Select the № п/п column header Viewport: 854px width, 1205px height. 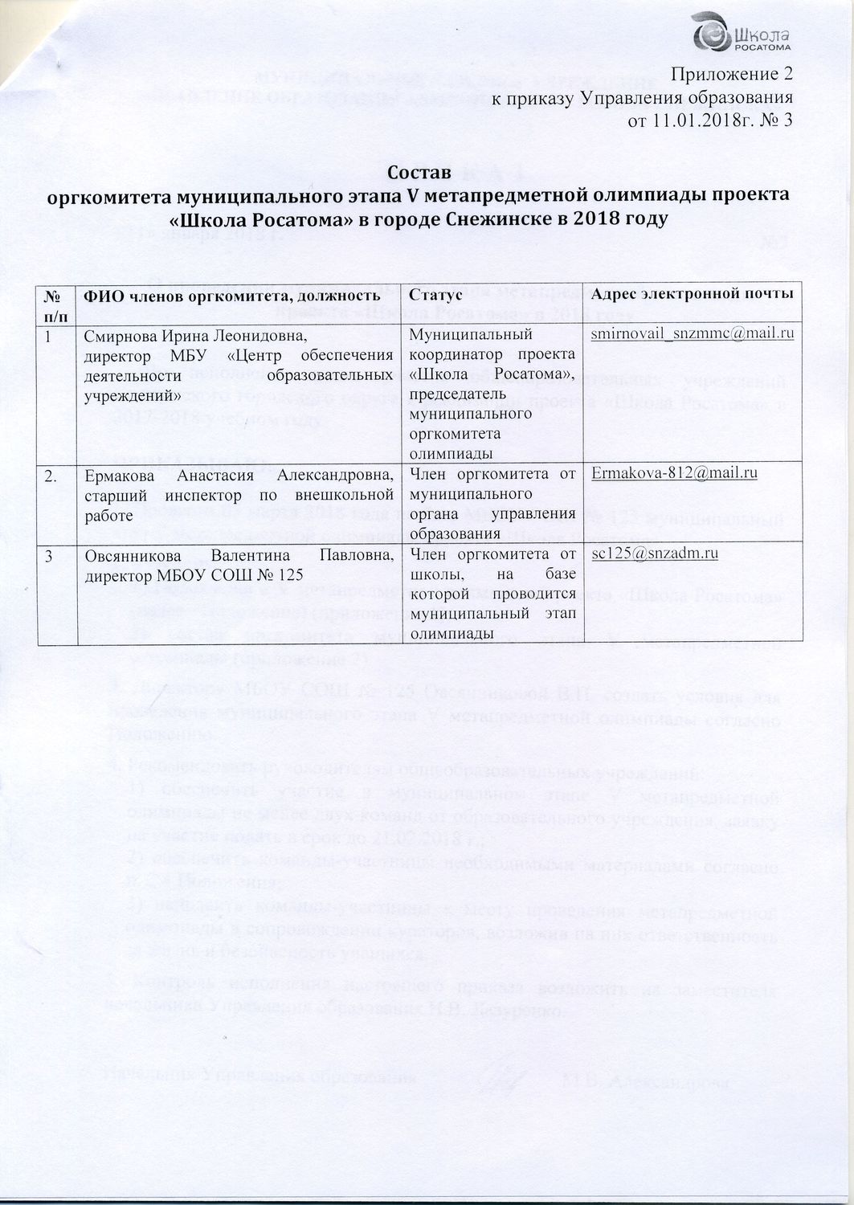[x=55, y=303]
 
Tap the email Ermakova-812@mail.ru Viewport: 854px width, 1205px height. [x=674, y=473]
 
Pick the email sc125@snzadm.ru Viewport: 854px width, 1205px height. [x=654, y=553]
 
